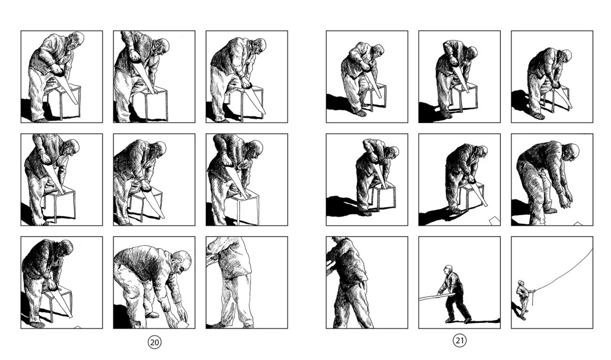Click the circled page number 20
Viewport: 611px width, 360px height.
(x=155, y=342)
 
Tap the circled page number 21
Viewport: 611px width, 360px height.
(x=460, y=340)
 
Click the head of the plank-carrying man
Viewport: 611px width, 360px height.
(x=449, y=269)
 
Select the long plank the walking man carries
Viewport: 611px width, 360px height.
(x=436, y=297)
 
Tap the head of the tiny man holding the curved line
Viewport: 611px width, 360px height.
(x=520, y=282)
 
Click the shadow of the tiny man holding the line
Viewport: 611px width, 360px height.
(x=517, y=310)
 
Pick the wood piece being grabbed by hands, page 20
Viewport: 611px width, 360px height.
(x=183, y=324)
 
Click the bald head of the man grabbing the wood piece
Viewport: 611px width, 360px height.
(x=181, y=261)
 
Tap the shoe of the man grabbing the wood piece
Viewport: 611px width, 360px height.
(x=152, y=315)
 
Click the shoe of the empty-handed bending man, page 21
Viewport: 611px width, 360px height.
(x=550, y=211)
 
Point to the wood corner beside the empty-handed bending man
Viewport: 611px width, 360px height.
(x=578, y=224)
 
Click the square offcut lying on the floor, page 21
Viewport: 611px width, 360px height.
(x=495, y=221)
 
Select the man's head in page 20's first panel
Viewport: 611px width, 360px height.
(x=76, y=41)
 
